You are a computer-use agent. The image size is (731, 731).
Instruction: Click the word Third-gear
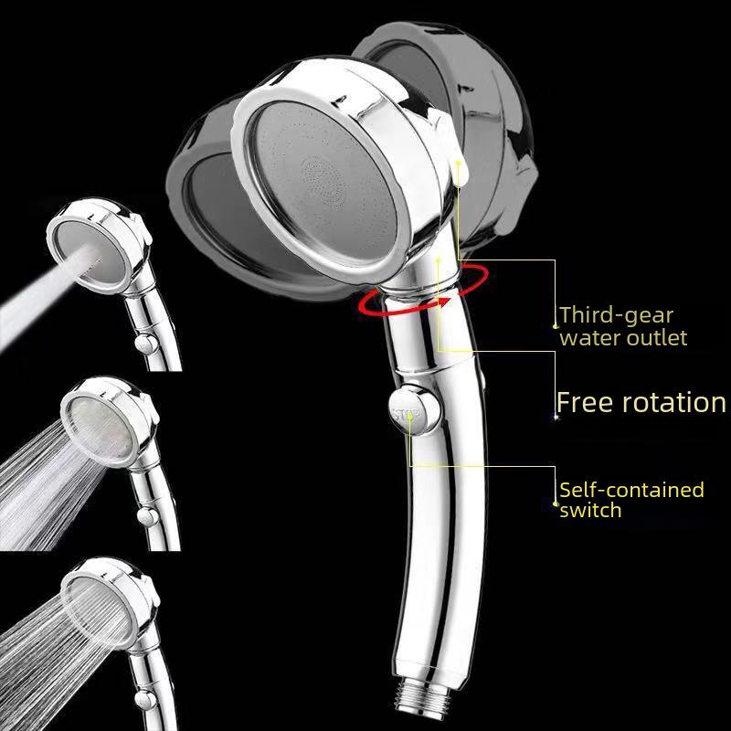616,316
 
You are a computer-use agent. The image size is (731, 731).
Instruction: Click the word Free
586,402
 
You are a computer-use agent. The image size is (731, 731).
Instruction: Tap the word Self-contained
631,490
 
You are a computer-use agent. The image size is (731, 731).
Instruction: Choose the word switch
590,510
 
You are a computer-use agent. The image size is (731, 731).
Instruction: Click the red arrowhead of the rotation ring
444,302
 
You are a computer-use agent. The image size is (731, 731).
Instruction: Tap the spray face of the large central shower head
322,186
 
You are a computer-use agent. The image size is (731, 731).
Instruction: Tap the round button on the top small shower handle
145,344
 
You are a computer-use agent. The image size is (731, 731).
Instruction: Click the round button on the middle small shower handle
147,516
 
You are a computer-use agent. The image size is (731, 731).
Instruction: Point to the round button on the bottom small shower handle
144,699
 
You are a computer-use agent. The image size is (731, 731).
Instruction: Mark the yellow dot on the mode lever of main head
459,164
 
